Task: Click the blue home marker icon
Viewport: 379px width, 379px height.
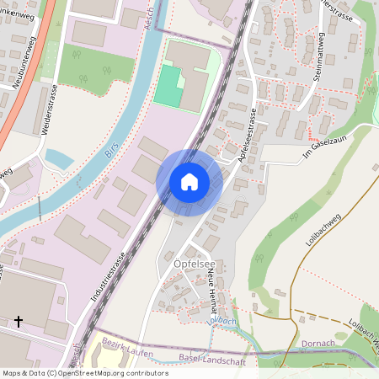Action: (x=189, y=182)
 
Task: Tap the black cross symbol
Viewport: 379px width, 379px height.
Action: (x=19, y=321)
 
